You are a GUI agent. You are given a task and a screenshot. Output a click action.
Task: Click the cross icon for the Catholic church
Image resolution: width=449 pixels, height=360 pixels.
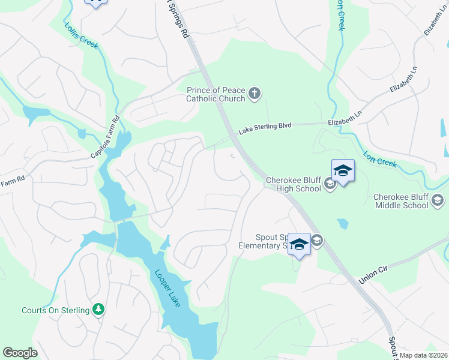255,93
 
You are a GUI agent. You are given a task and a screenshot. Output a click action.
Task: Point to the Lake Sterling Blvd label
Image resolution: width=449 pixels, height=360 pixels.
265,127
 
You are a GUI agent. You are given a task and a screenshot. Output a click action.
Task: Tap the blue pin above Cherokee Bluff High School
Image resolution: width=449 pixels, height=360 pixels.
343,171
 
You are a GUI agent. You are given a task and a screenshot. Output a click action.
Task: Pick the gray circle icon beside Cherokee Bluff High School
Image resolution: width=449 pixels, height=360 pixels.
330,184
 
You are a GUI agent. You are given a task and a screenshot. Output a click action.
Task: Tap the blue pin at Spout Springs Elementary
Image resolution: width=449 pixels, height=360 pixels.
299,244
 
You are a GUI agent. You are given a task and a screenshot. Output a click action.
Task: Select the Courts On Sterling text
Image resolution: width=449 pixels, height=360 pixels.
55,310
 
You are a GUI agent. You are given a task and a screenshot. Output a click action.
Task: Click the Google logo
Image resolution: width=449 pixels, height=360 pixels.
20,353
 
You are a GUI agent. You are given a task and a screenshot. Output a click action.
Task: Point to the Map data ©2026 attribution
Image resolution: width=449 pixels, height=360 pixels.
424,355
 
